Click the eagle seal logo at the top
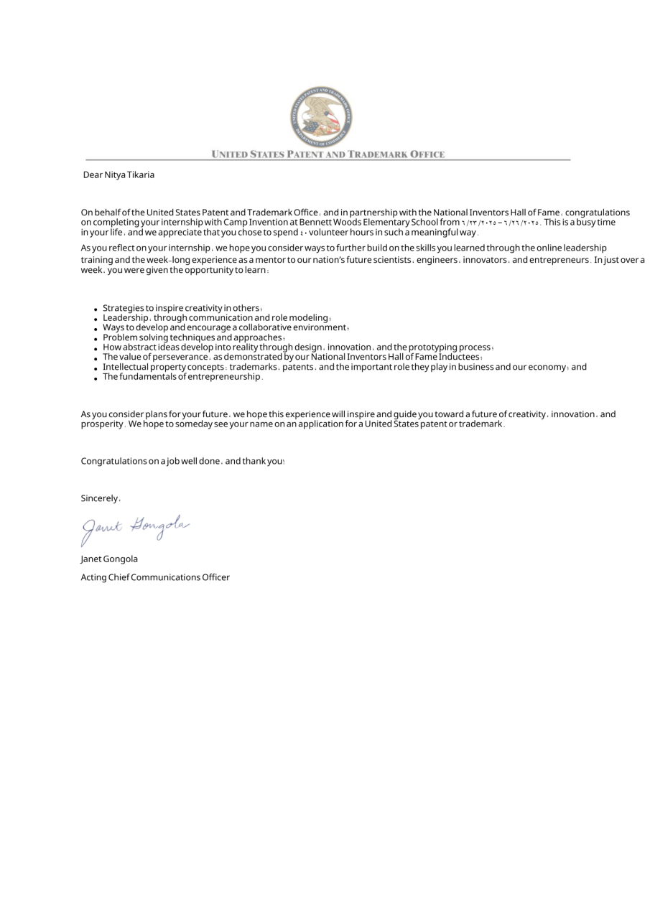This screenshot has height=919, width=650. click(321, 116)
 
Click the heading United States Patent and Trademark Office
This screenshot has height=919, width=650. click(328, 154)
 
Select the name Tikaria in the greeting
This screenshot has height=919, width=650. click(141, 175)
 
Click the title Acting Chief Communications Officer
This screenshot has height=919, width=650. click(155, 577)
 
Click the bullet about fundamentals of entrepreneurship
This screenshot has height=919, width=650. click(182, 377)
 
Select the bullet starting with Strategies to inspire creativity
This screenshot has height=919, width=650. click(181, 308)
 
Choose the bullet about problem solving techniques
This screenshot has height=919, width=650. click(192, 337)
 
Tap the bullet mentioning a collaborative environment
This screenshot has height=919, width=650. click(225, 327)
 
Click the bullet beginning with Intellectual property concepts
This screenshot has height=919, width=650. click(344, 367)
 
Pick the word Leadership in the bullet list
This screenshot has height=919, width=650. click(125, 318)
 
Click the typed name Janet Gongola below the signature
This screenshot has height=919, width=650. click(109, 559)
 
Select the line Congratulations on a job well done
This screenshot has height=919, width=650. click(182, 461)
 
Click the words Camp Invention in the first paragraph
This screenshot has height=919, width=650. click(255, 223)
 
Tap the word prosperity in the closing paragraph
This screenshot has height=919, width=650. click(102, 424)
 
